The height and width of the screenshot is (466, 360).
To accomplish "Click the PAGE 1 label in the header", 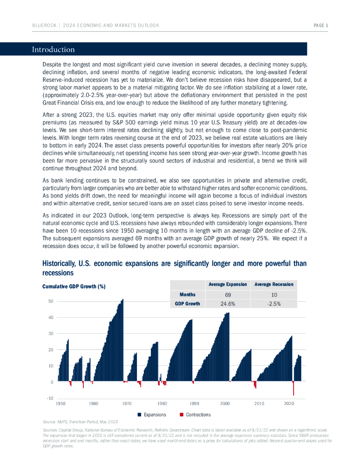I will coord(321,25).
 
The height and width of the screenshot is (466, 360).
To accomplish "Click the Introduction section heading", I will coord(53,50).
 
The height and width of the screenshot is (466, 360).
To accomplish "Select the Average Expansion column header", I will coord(228,284).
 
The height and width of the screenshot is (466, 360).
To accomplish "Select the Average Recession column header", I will coord(274,284).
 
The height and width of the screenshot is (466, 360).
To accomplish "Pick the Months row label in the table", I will coord(188,294).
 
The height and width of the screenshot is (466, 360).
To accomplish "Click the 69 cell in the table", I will coord(228,295).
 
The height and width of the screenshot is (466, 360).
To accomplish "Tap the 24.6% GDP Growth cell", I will coord(228,304).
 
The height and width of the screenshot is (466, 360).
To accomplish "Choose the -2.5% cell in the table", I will coord(274,304).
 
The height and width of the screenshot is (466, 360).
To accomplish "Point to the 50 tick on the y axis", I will coord(51,301).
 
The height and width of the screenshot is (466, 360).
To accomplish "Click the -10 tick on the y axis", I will coord(50,399).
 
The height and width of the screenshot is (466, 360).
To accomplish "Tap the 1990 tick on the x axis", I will coord(194,404).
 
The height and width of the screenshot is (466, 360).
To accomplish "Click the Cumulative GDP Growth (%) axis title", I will coord(74,286).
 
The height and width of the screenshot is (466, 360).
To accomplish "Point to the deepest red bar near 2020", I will coord(294,389).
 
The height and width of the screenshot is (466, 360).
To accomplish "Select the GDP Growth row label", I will coord(188,304).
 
